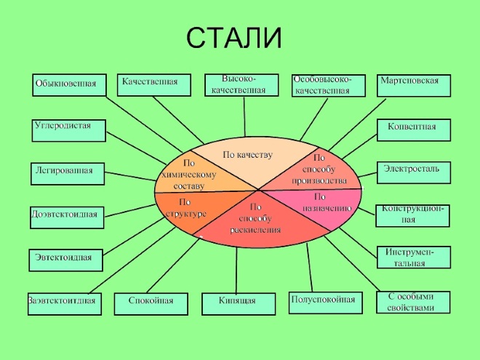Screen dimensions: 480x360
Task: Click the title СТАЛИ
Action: pos(234,38)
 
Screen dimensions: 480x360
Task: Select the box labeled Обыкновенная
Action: pos(69,85)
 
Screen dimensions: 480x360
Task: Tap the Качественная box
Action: pos(154,85)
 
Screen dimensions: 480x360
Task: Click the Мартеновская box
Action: pos(414,85)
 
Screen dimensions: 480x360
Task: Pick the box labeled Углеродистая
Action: pos(69,130)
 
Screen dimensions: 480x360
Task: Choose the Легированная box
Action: pos(68,174)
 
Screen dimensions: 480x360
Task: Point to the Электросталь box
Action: pos(414,173)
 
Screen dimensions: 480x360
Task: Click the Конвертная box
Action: pos(414,130)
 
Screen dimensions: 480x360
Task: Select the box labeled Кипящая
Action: pos(239,304)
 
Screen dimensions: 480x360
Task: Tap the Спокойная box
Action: pos(151,304)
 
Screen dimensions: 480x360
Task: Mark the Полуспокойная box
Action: pos(326,303)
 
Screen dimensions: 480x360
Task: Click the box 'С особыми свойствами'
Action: pos(413,303)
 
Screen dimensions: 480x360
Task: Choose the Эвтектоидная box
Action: pos(65,260)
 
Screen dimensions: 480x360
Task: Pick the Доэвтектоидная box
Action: pos(67,217)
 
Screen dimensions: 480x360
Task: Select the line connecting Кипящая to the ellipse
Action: pos(236,271)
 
